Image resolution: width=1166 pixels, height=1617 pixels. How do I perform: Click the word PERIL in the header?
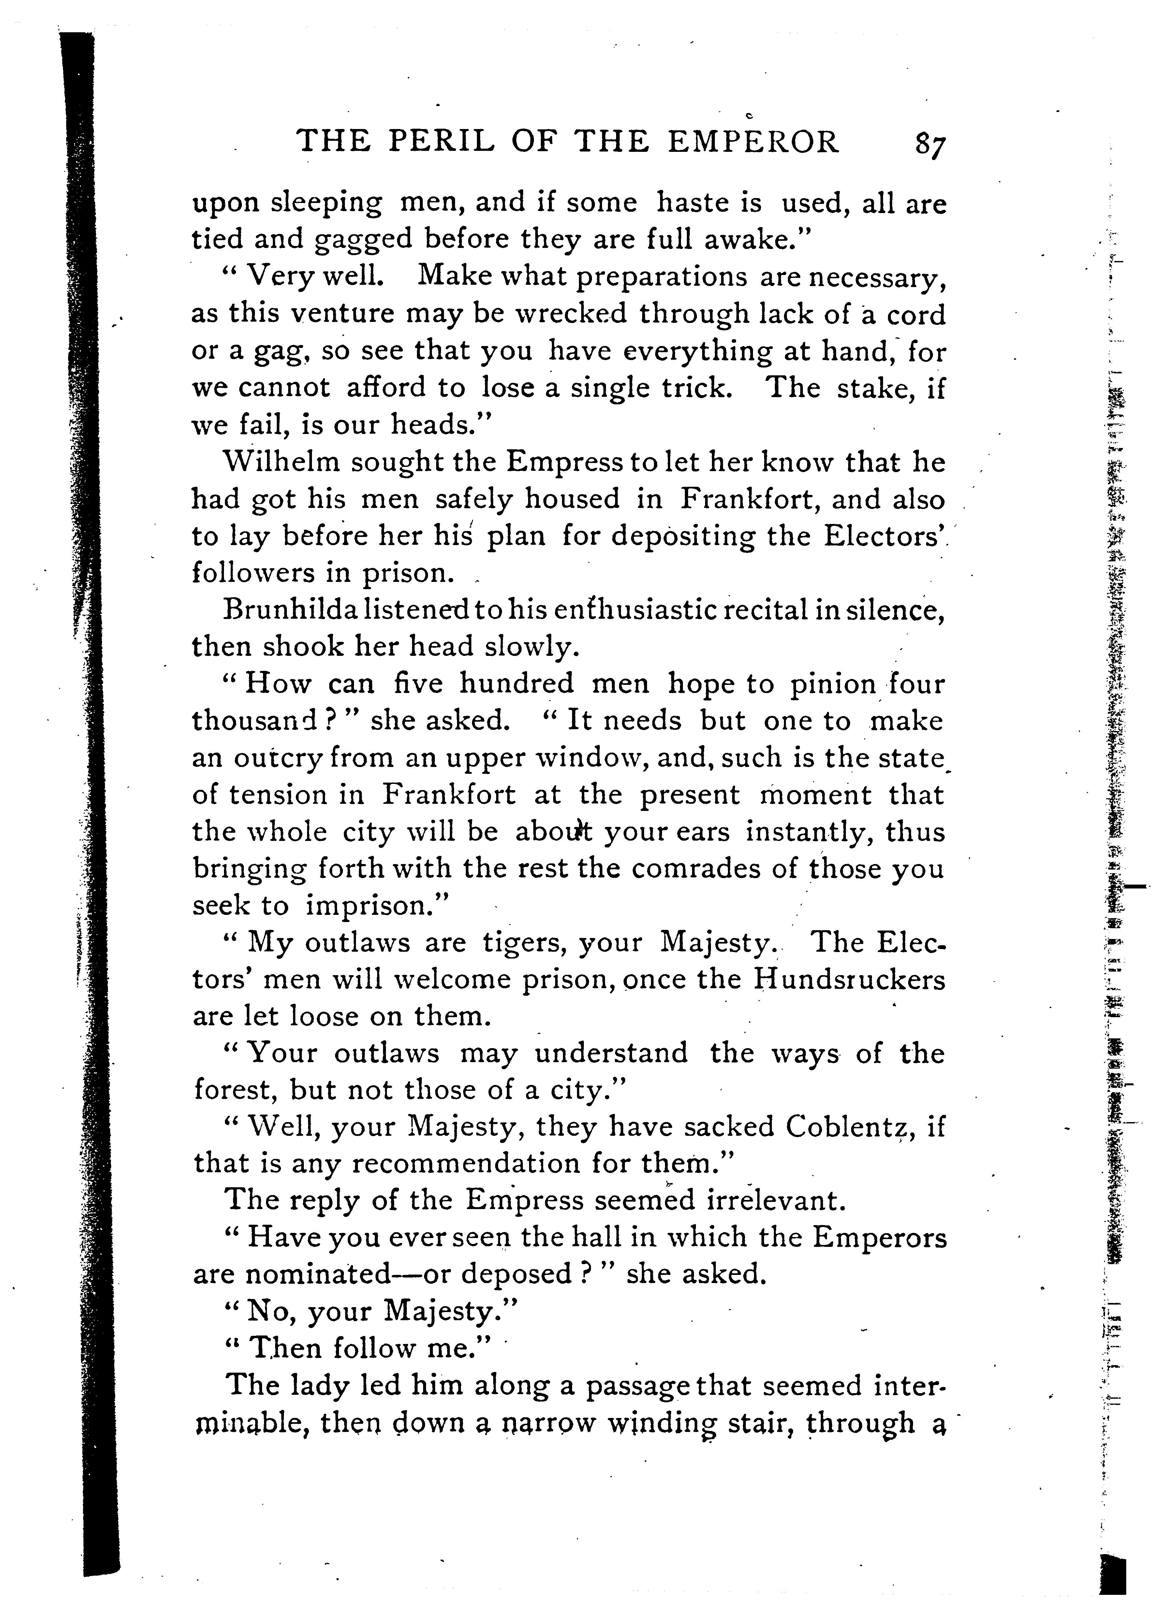(441, 141)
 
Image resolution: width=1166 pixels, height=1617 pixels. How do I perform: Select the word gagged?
(364, 239)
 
